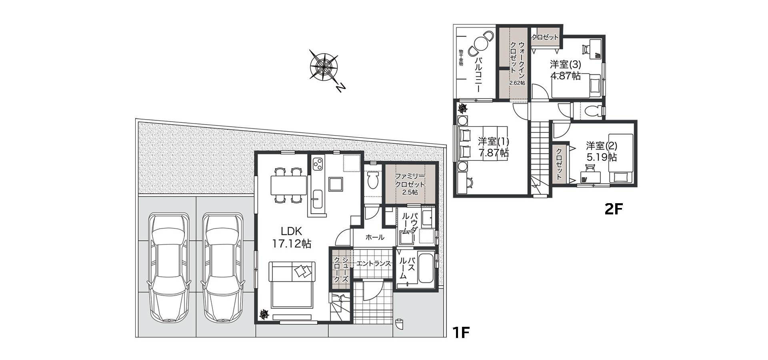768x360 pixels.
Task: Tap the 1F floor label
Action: pyautogui.click(x=460, y=332)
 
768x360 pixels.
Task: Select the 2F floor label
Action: pyautogui.click(x=614, y=209)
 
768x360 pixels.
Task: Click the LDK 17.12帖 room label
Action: pyautogui.click(x=292, y=237)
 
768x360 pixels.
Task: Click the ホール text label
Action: pyautogui.click(x=375, y=237)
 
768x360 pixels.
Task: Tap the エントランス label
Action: pyautogui.click(x=373, y=263)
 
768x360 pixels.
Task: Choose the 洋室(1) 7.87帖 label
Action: pyautogui.click(x=494, y=147)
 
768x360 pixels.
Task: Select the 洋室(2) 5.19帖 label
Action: pyautogui.click(x=602, y=151)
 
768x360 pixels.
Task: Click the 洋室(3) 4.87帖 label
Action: pyautogui.click(x=565, y=70)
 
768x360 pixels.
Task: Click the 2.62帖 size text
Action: pyautogui.click(x=517, y=83)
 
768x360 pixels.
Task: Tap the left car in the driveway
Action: pyautogui.click(x=168, y=268)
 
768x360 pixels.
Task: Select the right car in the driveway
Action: pyautogui.click(x=222, y=268)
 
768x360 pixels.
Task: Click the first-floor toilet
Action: pyautogui.click(x=373, y=180)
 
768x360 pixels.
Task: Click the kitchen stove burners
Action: pyautogui.click(x=318, y=164)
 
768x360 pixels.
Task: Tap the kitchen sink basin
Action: pyautogui.click(x=318, y=199)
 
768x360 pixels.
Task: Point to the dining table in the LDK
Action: pyautogui.click(x=288, y=185)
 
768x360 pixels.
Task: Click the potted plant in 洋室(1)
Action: pyautogui.click(x=463, y=108)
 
